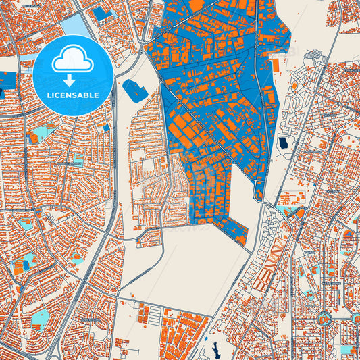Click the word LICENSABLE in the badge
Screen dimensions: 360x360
(73, 95)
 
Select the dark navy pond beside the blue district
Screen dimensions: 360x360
(283, 143)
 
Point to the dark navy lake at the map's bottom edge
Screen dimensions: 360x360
(215, 351)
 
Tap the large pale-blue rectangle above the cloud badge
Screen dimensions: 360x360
(74, 26)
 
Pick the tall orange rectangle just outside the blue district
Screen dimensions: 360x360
(276, 65)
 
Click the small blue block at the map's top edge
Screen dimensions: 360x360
(101, 14)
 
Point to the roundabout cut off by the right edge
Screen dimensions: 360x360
(356, 317)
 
